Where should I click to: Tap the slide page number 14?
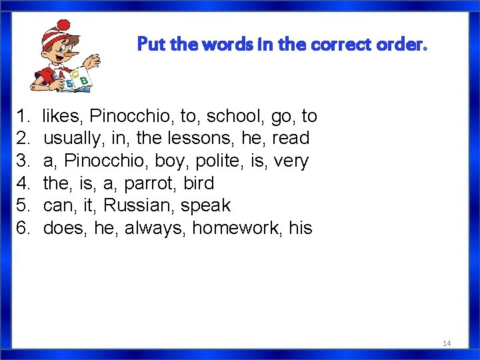[x=447, y=343]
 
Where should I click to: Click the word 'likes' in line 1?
[x=63, y=116]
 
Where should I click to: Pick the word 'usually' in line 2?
[x=71, y=139]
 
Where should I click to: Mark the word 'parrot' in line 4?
[x=148, y=183]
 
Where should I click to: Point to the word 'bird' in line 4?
[x=198, y=183]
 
